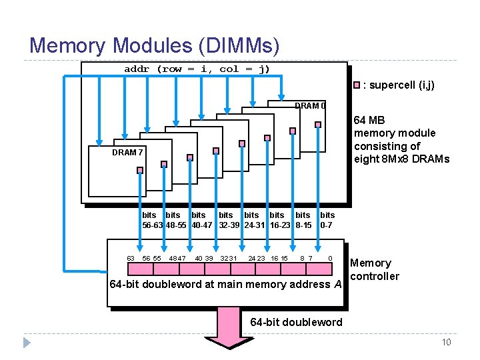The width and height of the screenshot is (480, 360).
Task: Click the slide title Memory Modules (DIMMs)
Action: [154, 45]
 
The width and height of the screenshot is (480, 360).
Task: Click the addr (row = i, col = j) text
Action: [197, 69]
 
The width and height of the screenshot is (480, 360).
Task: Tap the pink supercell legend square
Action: [357, 85]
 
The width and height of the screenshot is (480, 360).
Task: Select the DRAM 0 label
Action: [310, 106]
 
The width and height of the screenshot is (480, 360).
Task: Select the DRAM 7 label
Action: [127, 152]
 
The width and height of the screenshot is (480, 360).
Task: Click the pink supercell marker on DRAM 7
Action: [140, 170]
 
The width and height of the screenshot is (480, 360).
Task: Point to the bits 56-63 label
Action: [151, 220]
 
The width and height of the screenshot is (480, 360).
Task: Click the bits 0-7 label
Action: [327, 220]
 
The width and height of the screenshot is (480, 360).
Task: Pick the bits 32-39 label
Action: [228, 220]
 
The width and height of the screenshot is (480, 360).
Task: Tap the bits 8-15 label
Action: [303, 220]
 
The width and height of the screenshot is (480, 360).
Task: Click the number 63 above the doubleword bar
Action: [131, 258]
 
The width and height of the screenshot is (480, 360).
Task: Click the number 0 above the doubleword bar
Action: [331, 258]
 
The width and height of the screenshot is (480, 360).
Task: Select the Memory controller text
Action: [375, 269]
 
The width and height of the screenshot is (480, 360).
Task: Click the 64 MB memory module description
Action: [401, 139]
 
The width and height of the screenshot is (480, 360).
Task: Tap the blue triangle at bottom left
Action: [27, 343]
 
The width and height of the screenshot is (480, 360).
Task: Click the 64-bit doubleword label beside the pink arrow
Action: [296, 322]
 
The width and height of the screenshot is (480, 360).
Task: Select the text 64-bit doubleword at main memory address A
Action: [225, 285]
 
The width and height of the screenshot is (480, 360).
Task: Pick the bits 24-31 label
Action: [254, 220]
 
